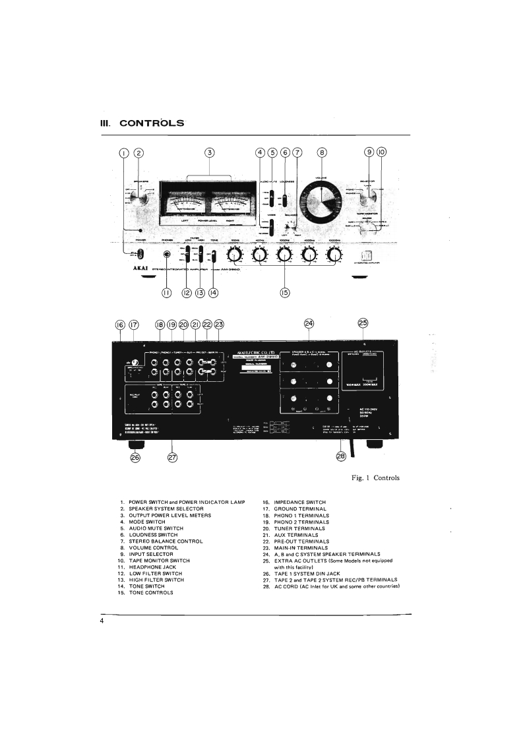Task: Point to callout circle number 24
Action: click(309, 323)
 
